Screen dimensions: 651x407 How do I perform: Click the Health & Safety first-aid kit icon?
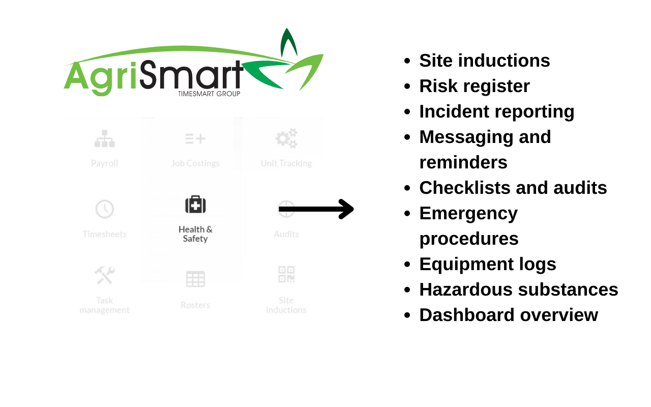coord(195,205)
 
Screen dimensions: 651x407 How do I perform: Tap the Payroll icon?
coord(104,138)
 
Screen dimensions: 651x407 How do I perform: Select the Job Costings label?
coord(195,163)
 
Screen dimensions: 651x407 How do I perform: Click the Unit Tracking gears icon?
coord(286,138)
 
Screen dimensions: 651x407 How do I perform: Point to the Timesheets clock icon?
coord(104,209)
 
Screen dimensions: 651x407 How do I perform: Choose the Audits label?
coord(286,234)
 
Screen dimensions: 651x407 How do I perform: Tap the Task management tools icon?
coord(104,275)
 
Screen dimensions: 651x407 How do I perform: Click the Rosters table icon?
coord(195,279)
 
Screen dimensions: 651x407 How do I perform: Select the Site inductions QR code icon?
coord(286,274)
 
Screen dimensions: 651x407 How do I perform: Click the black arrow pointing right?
coord(316,209)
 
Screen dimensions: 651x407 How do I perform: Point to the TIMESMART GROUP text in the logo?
coord(209,94)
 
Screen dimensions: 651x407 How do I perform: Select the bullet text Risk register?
coord(474,86)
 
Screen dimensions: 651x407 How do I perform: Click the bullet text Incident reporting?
coord(496,111)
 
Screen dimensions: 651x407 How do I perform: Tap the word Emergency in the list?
coord(468,213)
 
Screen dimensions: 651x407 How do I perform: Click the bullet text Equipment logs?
coord(487,264)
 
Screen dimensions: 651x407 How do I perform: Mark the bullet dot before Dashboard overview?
coord(407,315)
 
